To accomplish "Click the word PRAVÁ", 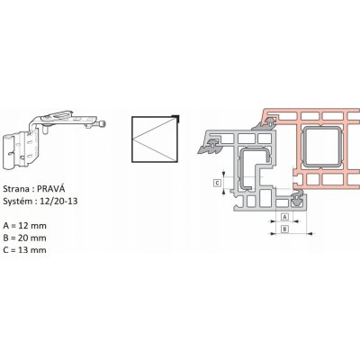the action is pyautogui.click(x=50, y=189).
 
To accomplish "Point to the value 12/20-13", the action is pyautogui.click(x=58, y=201).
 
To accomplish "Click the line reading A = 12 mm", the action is pyautogui.click(x=25, y=226).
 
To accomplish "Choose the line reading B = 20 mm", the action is pyautogui.click(x=25, y=238).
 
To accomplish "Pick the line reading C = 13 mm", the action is pyautogui.click(x=25, y=250).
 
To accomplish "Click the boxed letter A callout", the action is pyautogui.click(x=285, y=216).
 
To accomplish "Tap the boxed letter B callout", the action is pyautogui.click(x=285, y=229).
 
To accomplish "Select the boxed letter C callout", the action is pyautogui.click(x=217, y=183).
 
